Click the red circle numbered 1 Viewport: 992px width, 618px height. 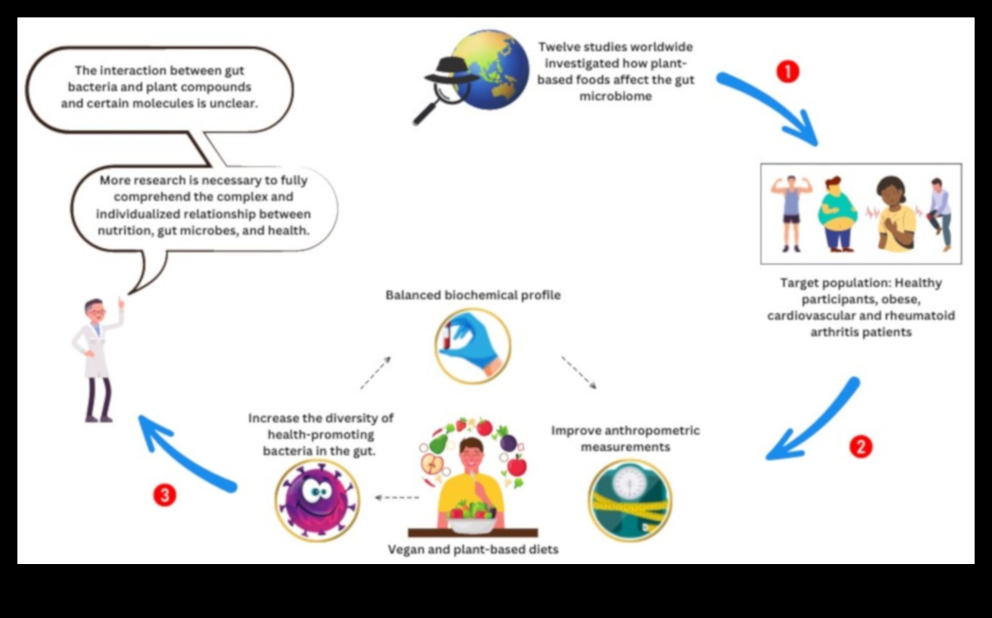tap(787, 71)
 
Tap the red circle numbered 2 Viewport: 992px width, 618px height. tap(860, 447)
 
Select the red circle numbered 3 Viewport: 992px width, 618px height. tap(164, 495)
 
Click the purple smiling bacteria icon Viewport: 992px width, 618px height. tap(317, 499)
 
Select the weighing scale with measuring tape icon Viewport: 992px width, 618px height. tap(629, 500)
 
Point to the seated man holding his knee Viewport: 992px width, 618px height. tap(938, 213)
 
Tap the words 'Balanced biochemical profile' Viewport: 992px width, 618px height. tap(473, 295)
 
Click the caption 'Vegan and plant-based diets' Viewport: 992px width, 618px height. tap(473, 549)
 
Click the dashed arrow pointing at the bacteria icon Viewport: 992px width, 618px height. tap(396, 498)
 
